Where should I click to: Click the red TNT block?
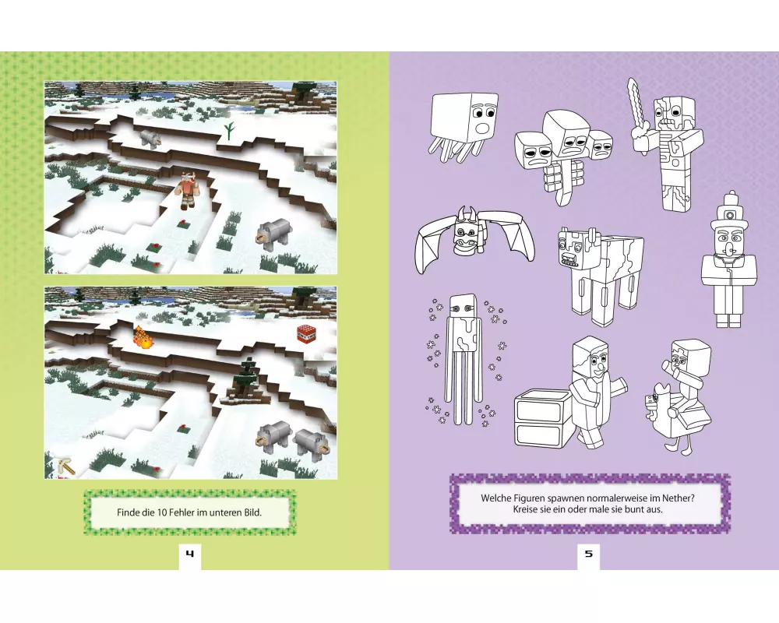point(306,334)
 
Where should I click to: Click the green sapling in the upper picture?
point(228,131)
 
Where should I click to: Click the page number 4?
point(190,554)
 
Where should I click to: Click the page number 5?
point(589,554)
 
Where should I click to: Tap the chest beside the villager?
point(542,417)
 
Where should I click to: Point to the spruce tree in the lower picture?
point(248,378)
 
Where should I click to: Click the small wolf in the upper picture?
point(149,138)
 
